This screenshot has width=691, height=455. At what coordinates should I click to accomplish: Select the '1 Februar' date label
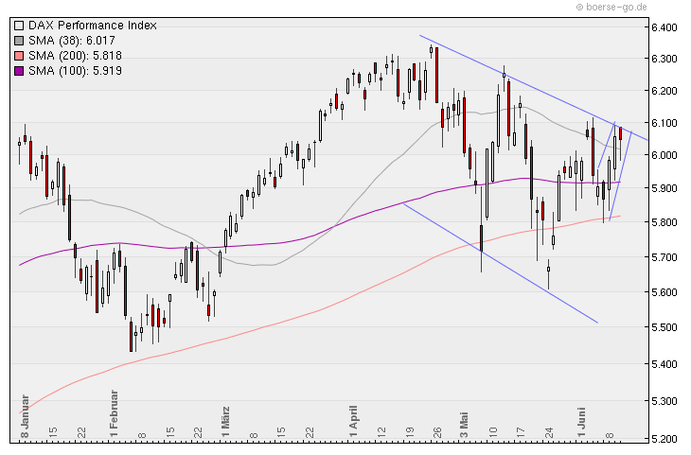tap(113, 414)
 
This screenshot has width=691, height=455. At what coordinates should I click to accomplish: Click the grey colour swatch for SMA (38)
tap(20, 41)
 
